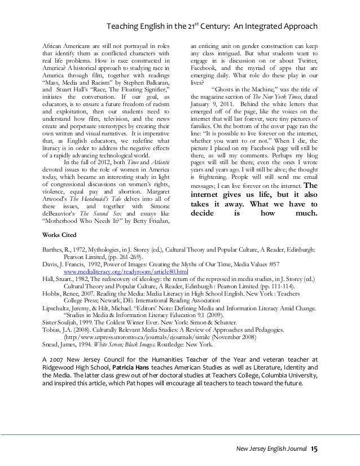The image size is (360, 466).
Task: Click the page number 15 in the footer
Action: [314, 449]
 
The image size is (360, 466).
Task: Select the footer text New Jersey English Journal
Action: [272, 449]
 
